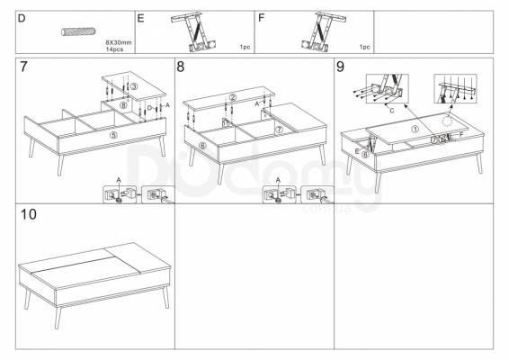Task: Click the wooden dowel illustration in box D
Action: [x=78, y=31]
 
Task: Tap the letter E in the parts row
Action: [x=140, y=18]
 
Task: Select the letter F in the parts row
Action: [x=261, y=18]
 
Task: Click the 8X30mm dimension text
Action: [x=119, y=42]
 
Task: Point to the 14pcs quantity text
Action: [x=114, y=49]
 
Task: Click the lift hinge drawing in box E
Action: [x=194, y=31]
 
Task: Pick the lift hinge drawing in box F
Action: [x=324, y=31]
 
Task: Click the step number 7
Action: [x=23, y=67]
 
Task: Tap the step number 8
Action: [x=180, y=67]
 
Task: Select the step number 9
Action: [x=340, y=67]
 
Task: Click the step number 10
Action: [x=29, y=214]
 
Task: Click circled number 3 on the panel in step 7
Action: [x=134, y=86]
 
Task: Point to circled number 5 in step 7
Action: [x=113, y=135]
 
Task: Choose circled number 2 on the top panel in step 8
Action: [x=232, y=97]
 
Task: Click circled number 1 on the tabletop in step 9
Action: [x=415, y=129]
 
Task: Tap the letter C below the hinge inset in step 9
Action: [x=391, y=111]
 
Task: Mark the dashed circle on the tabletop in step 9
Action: [x=448, y=121]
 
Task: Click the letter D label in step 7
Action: [x=149, y=107]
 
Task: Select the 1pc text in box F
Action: [x=364, y=47]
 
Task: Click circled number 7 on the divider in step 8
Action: [x=279, y=130]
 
